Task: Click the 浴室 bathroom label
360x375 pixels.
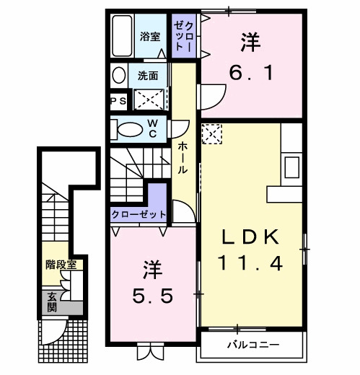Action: pos(151,36)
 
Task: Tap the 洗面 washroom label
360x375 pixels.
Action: pos(149,75)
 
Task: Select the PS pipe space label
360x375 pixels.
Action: pos(118,101)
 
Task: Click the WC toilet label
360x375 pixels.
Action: pos(154,128)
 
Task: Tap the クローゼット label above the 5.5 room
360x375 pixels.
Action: pos(139,214)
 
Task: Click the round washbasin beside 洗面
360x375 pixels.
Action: pos(118,75)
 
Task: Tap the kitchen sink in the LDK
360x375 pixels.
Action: pos(291,167)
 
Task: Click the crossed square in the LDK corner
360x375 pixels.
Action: pos(211,134)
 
